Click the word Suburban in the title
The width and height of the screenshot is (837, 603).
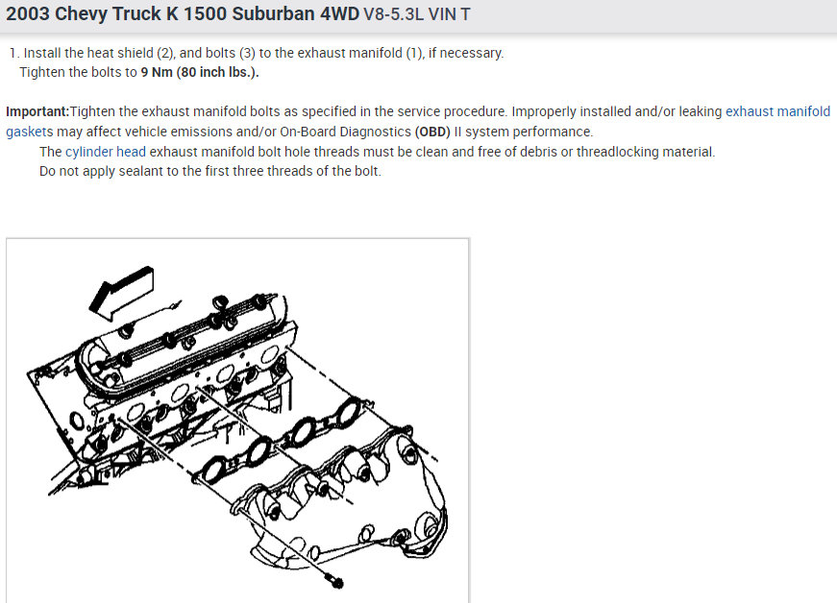[x=273, y=13]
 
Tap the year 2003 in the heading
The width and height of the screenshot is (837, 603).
[x=28, y=13]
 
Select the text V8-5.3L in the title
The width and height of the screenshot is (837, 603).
[x=393, y=13]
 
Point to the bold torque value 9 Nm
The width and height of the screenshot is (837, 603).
[x=157, y=72]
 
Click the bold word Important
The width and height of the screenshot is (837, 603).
[x=37, y=111]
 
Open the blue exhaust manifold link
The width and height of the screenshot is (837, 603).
[x=777, y=111]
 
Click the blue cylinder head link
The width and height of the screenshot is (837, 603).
[x=106, y=152]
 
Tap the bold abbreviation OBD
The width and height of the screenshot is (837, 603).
[x=432, y=132]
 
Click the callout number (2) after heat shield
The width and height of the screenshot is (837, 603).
[x=166, y=54]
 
